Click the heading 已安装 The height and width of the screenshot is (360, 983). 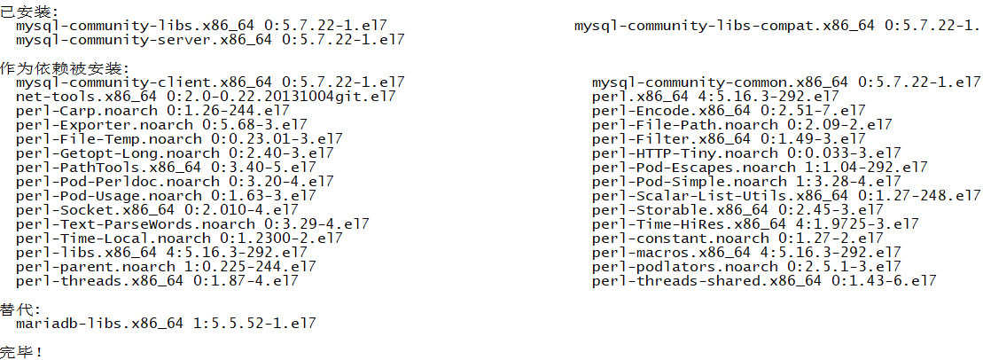[27, 12]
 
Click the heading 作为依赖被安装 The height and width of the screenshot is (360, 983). [64, 68]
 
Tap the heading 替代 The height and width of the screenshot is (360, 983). [20, 309]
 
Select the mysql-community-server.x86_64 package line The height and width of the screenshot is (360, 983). [210, 40]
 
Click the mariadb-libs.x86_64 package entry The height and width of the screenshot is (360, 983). [166, 324]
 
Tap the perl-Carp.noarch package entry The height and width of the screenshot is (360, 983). [152, 111]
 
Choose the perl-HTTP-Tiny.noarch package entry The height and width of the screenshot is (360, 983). [746, 153]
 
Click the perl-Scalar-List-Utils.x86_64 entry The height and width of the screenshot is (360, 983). [786, 196]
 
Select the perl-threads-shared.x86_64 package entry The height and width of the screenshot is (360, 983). [764, 281]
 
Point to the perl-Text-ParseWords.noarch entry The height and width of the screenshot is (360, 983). [192, 224]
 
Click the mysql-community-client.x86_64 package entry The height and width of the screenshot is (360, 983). [210, 82]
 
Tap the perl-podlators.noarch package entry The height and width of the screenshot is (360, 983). [746, 267]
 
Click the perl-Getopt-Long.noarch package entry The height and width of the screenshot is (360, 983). [175, 153]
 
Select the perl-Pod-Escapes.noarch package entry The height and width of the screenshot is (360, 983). [760, 168]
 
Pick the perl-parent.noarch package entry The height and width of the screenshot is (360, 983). [166, 267]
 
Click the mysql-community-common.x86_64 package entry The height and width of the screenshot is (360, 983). [786, 82]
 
